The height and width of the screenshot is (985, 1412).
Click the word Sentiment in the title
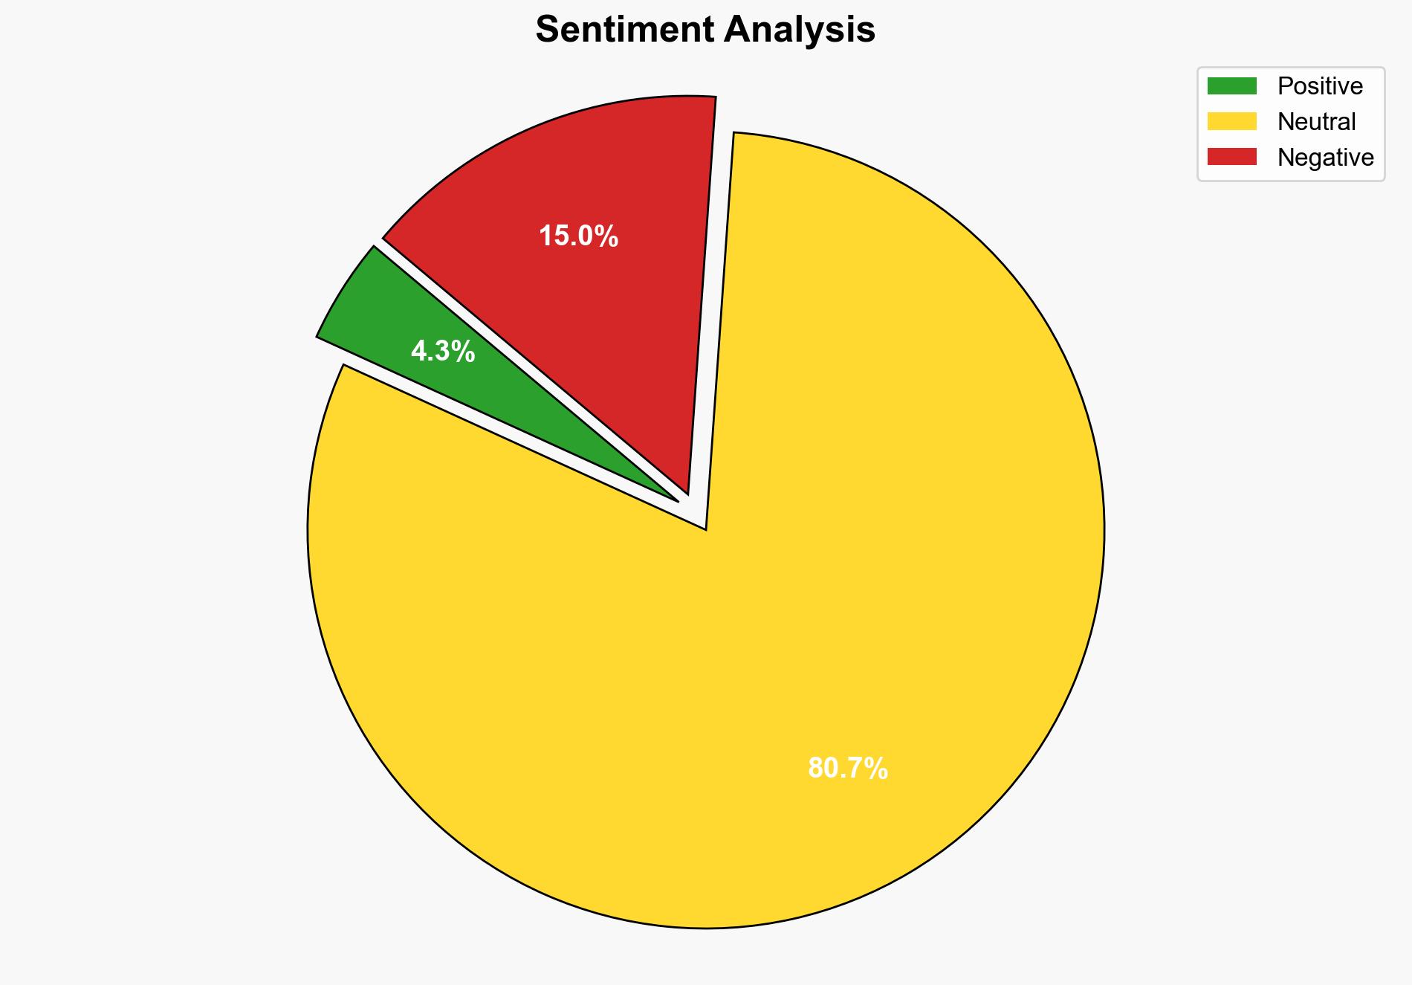[626, 30]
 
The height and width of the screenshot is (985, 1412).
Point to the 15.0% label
[578, 236]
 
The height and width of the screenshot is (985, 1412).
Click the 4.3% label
[443, 351]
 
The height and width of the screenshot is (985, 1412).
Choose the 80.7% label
[847, 768]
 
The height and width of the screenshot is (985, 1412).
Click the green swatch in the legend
[1231, 86]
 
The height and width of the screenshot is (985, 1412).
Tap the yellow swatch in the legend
[1231, 121]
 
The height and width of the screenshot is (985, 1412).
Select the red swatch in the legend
[1231, 157]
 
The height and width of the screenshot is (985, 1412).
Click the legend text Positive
[1320, 86]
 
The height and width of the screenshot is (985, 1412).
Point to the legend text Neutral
[1316, 121]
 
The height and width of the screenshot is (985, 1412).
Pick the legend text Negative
[1325, 157]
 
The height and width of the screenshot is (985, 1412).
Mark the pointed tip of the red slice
[687, 493]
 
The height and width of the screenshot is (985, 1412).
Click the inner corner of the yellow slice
[705, 529]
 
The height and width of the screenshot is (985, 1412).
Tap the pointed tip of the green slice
[677, 501]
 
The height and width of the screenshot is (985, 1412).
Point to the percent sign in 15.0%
[607, 236]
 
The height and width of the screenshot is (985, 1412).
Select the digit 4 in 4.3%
[418, 351]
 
